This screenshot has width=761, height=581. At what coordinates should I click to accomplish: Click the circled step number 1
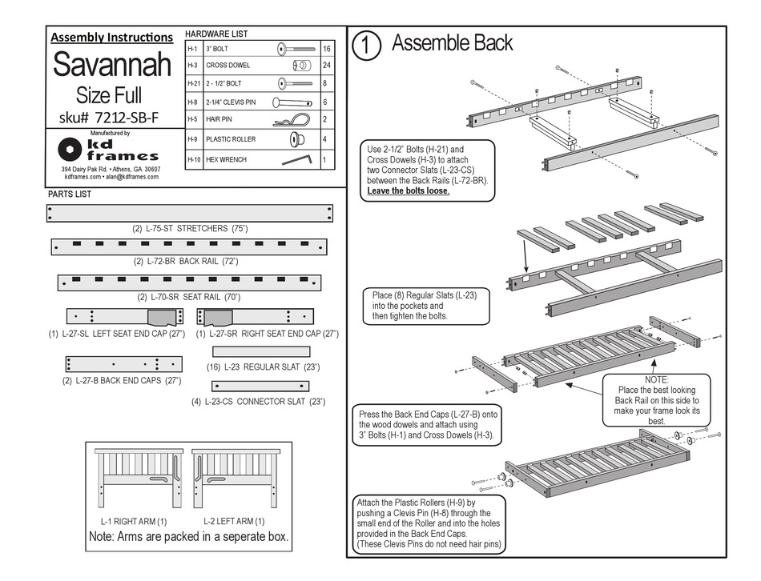point(365,45)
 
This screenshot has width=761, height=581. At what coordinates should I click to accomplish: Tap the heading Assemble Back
point(452,43)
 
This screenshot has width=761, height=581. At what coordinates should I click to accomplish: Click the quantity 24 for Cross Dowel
point(326,66)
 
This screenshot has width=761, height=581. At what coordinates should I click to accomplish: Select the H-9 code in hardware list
point(193,139)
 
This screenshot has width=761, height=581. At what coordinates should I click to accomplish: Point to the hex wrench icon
point(297,159)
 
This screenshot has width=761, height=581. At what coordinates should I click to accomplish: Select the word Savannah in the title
point(112,65)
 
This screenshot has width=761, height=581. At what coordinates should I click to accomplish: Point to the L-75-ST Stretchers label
point(190,229)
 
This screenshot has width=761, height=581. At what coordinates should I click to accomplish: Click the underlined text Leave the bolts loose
point(408,191)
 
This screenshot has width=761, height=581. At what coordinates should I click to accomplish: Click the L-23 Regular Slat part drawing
point(261,351)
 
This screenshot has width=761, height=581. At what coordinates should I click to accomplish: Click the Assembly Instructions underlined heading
point(111,37)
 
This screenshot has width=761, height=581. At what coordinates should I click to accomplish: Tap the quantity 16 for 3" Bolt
point(326,49)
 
